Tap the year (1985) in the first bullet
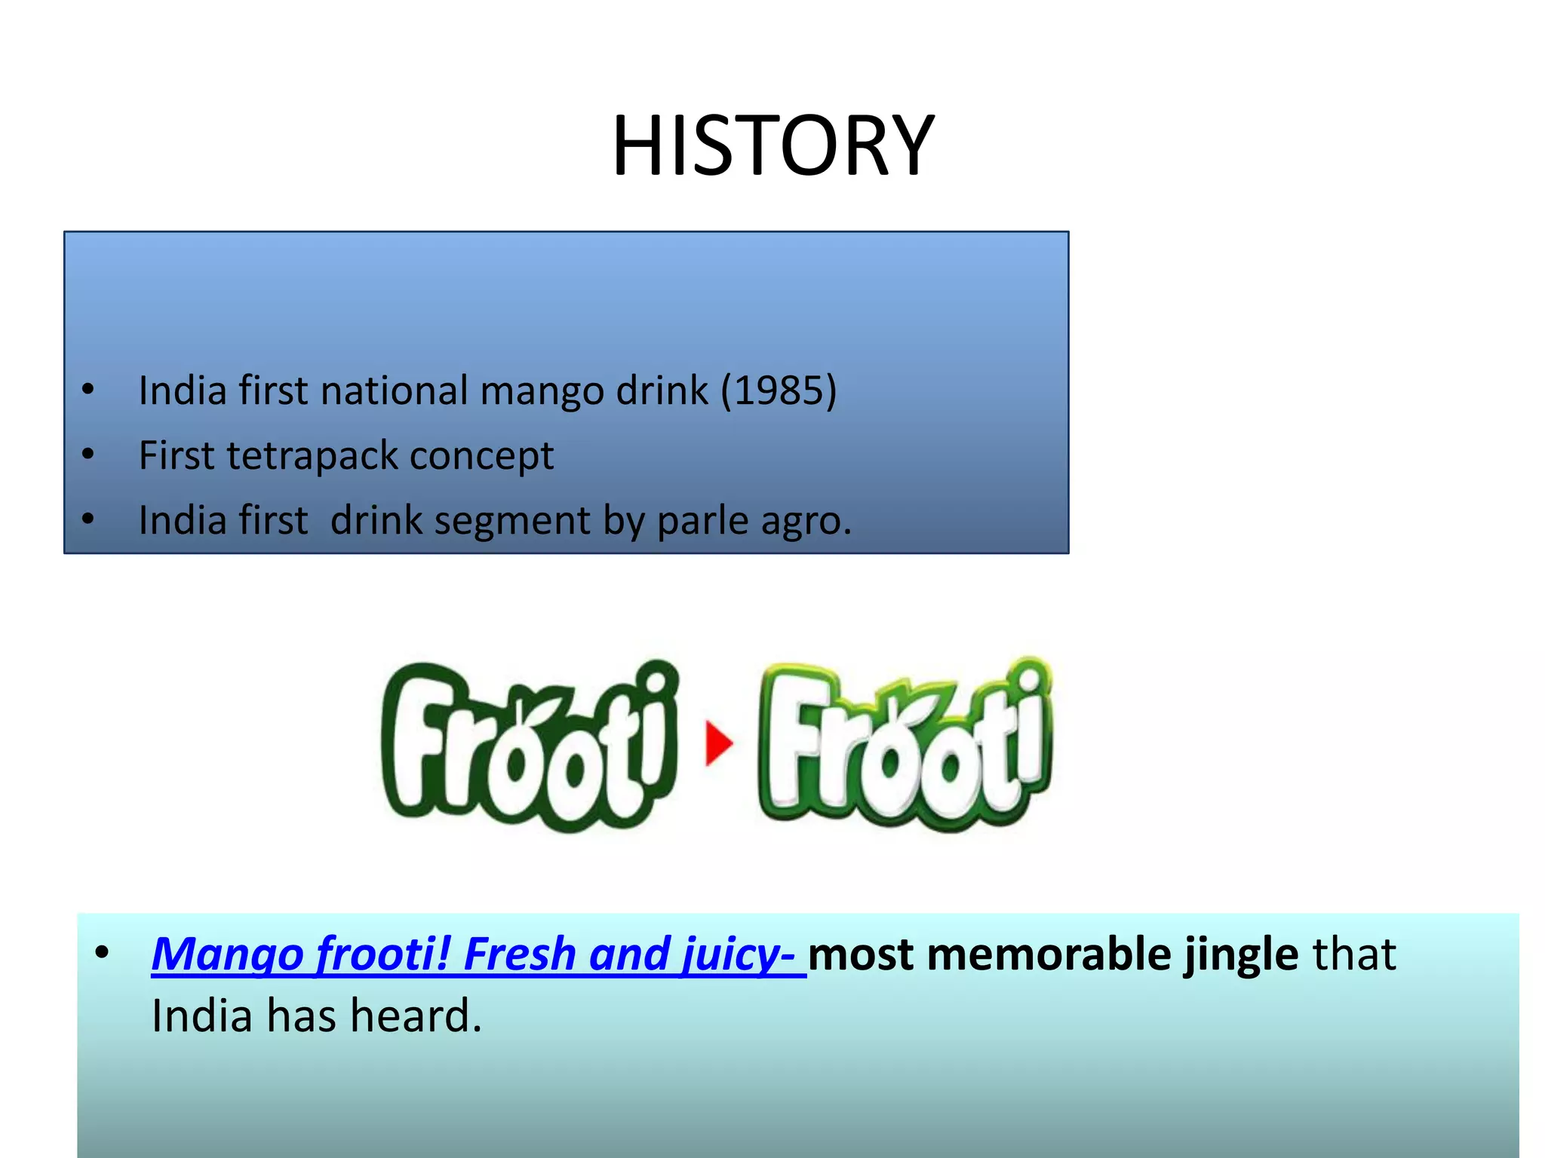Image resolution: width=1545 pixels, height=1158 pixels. pos(779,391)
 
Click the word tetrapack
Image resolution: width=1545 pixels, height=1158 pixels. pos(312,456)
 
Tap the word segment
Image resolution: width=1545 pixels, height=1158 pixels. pos(511,522)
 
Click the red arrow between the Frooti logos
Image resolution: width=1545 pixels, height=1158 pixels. pos(719,743)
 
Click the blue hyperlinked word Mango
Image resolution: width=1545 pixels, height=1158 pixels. pos(227,954)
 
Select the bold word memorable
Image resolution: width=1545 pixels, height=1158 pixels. pos(1049,954)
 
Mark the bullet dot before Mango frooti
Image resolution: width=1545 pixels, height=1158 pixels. pos(102,953)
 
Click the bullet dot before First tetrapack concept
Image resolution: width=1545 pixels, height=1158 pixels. pos(88,455)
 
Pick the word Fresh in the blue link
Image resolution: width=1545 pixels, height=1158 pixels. pos(520,954)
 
